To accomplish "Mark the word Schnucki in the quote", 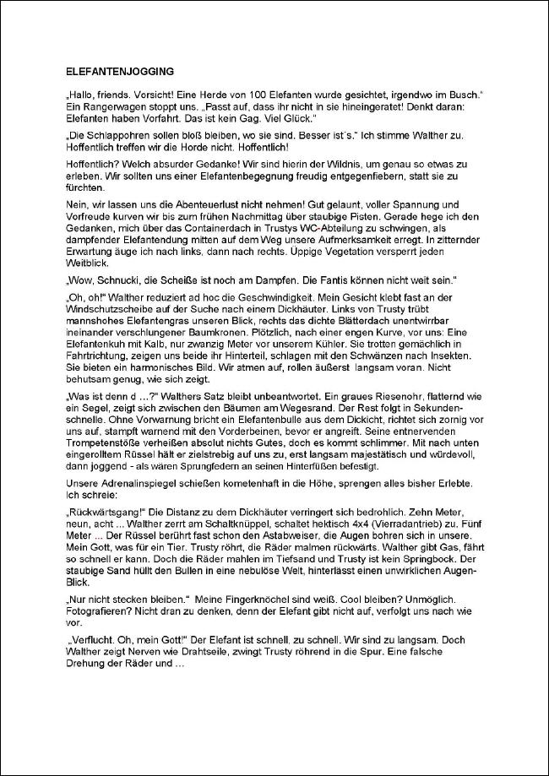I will coord(117,279).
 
